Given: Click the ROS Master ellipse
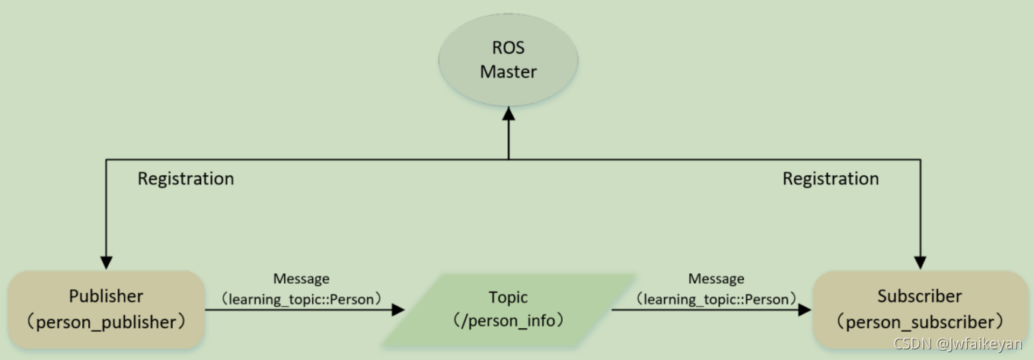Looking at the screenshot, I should (x=508, y=59).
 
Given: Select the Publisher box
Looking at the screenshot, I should (x=107, y=309).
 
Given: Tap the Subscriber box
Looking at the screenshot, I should (x=920, y=309).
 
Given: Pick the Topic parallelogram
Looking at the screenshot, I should (x=508, y=309).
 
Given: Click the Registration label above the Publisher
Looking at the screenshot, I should (x=186, y=179).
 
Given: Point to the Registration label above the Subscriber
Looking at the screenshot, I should (x=831, y=179).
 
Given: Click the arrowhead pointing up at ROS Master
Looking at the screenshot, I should (x=508, y=115).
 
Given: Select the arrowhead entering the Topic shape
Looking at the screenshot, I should (x=397, y=310).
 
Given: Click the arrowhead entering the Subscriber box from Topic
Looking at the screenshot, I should (x=803, y=310).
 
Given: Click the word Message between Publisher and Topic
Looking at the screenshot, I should (x=301, y=279).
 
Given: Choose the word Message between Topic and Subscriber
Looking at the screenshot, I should (x=716, y=279).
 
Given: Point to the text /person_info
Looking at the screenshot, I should (x=508, y=320).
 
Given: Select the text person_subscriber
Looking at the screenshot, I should (x=920, y=322).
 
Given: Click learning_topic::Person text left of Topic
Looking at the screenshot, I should (x=301, y=299).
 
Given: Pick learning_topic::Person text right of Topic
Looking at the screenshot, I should (x=716, y=299).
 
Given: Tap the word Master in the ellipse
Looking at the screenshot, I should (x=508, y=72).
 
